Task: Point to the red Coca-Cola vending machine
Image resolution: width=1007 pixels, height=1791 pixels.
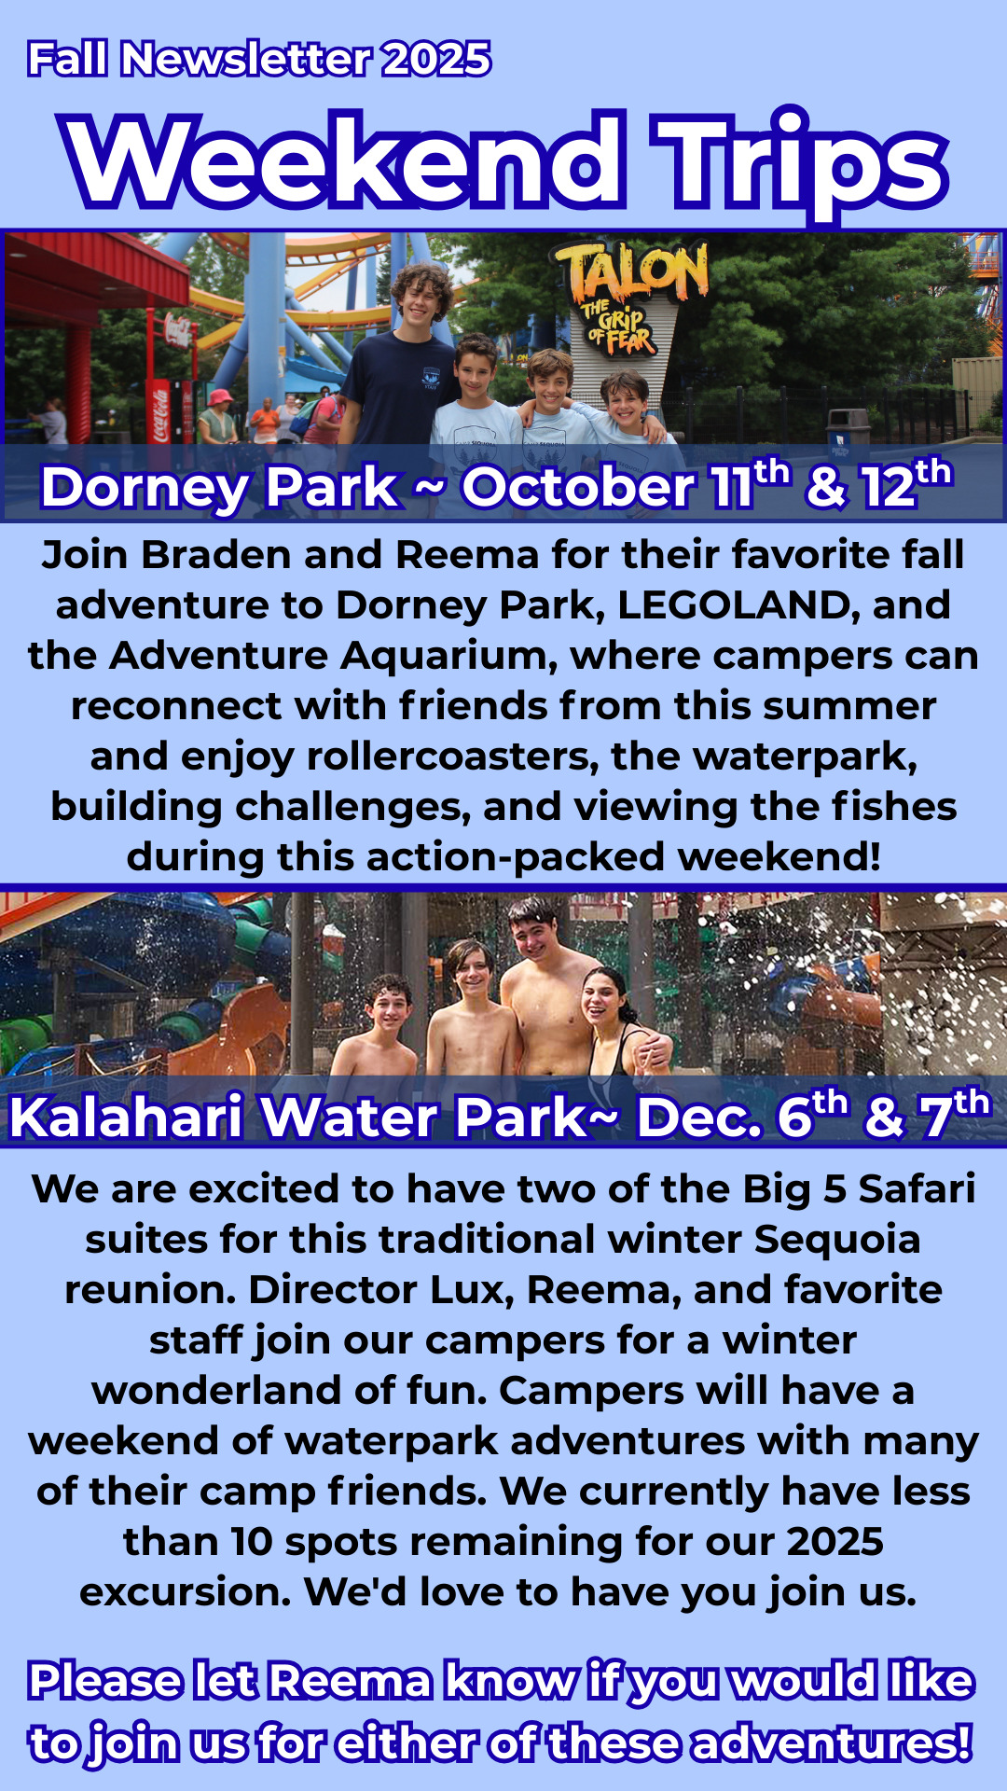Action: click(x=159, y=410)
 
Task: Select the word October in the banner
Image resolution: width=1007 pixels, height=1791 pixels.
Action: click(x=578, y=488)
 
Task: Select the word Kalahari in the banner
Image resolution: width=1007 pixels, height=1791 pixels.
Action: click(x=126, y=1118)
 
